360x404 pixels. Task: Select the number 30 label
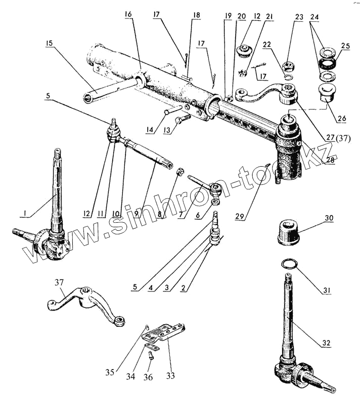329,218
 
